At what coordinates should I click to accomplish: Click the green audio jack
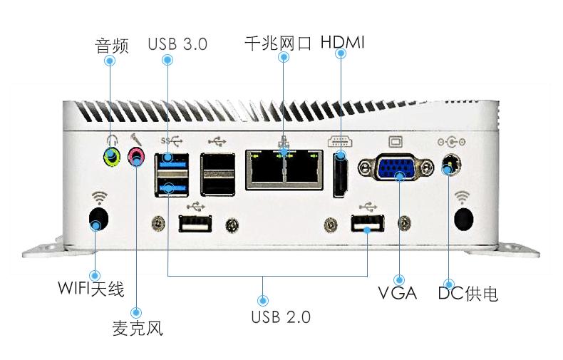pos(110,156)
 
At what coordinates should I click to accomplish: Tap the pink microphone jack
pos(135,156)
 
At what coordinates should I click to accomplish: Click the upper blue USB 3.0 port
pos(171,159)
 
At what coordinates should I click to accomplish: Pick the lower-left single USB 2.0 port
pos(195,225)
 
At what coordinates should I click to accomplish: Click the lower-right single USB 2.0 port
pos(366,225)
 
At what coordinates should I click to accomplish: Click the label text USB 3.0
pos(177,43)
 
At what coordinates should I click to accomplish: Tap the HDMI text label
pos(342,42)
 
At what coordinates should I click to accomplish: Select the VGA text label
pos(397,294)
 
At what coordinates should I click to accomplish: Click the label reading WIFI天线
pos(91,290)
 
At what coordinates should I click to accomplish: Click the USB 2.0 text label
pos(281,317)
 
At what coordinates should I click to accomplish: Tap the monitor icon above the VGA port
pos(396,141)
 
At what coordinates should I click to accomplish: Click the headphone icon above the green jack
pos(110,140)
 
